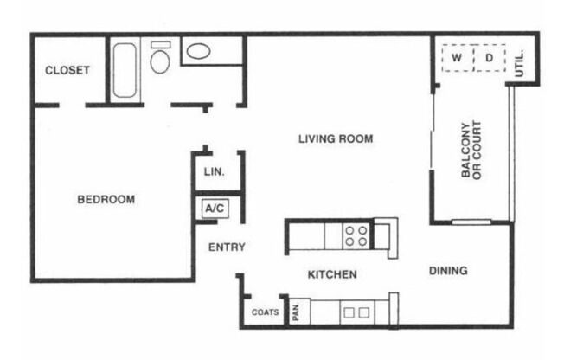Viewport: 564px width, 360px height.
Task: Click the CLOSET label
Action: coord(67,70)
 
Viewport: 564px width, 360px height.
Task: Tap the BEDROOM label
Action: coord(106,199)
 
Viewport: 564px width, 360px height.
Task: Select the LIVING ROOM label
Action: coord(336,138)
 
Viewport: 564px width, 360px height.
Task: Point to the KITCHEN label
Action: coord(333,274)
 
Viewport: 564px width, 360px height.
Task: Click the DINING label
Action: coord(448,271)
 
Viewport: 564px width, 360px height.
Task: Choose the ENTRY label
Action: coord(228,247)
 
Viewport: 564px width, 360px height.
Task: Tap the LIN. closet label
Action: coord(215,171)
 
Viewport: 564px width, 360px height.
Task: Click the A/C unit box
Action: coord(214,208)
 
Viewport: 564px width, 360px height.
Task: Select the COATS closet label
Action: coord(265,312)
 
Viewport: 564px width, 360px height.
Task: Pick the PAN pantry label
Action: coord(296,312)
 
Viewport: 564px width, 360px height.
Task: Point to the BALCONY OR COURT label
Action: coord(471,151)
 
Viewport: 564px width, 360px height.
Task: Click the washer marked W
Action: coord(458,58)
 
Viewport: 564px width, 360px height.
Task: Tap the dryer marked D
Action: coord(489,58)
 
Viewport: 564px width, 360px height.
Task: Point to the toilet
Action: coord(160,58)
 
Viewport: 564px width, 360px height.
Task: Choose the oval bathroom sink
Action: coord(200,50)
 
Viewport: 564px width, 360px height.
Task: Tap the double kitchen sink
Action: coord(357,312)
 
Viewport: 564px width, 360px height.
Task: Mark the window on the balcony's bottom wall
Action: coord(471,222)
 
